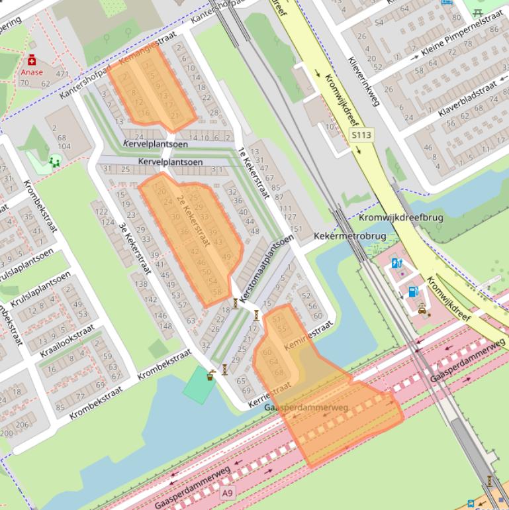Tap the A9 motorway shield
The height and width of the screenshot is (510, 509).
coord(228,493)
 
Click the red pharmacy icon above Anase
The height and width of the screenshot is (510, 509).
coord(31,60)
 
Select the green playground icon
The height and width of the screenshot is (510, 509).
coord(54,160)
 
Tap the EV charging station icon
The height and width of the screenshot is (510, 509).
coord(397,263)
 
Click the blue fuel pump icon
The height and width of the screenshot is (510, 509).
coord(413,290)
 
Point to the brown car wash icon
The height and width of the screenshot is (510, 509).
coord(422,307)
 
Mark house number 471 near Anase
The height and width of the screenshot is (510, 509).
coord(62,74)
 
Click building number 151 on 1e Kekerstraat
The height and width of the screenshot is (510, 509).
coord(296,229)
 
